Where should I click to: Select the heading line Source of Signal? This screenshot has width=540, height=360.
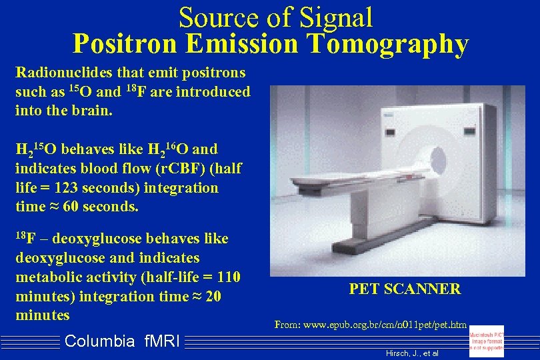pos(275,17)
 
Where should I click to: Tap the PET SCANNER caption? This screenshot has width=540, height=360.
pos(405,289)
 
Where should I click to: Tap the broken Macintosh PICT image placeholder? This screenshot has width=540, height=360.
pos(487,341)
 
